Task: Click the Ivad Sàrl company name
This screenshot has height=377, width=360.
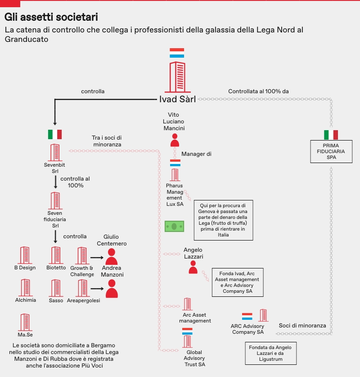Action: pos(177,100)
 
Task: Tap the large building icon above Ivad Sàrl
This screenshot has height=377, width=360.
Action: pos(177,76)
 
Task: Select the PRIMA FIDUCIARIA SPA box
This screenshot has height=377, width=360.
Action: pos(331,151)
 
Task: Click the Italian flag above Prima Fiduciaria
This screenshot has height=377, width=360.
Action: pos(331,135)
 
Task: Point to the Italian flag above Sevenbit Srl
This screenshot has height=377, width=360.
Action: pos(55,134)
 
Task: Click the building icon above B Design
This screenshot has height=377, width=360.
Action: pos(25,255)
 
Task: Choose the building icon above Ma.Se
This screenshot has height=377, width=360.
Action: pos(25,322)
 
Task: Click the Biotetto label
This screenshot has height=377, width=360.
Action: pos(56,268)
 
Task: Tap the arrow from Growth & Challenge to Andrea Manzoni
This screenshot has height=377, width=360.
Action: pos(97,258)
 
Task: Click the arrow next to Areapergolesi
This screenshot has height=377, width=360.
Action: pos(97,289)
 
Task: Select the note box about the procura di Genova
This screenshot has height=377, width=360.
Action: pos(223,220)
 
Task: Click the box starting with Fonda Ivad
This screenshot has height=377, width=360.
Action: pos(238,282)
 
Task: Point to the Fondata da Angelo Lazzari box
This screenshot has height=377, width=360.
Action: pos(270,353)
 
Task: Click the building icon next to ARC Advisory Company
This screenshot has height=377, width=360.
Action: pos(263,316)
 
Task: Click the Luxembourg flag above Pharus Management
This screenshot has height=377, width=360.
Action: pos(175,163)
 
